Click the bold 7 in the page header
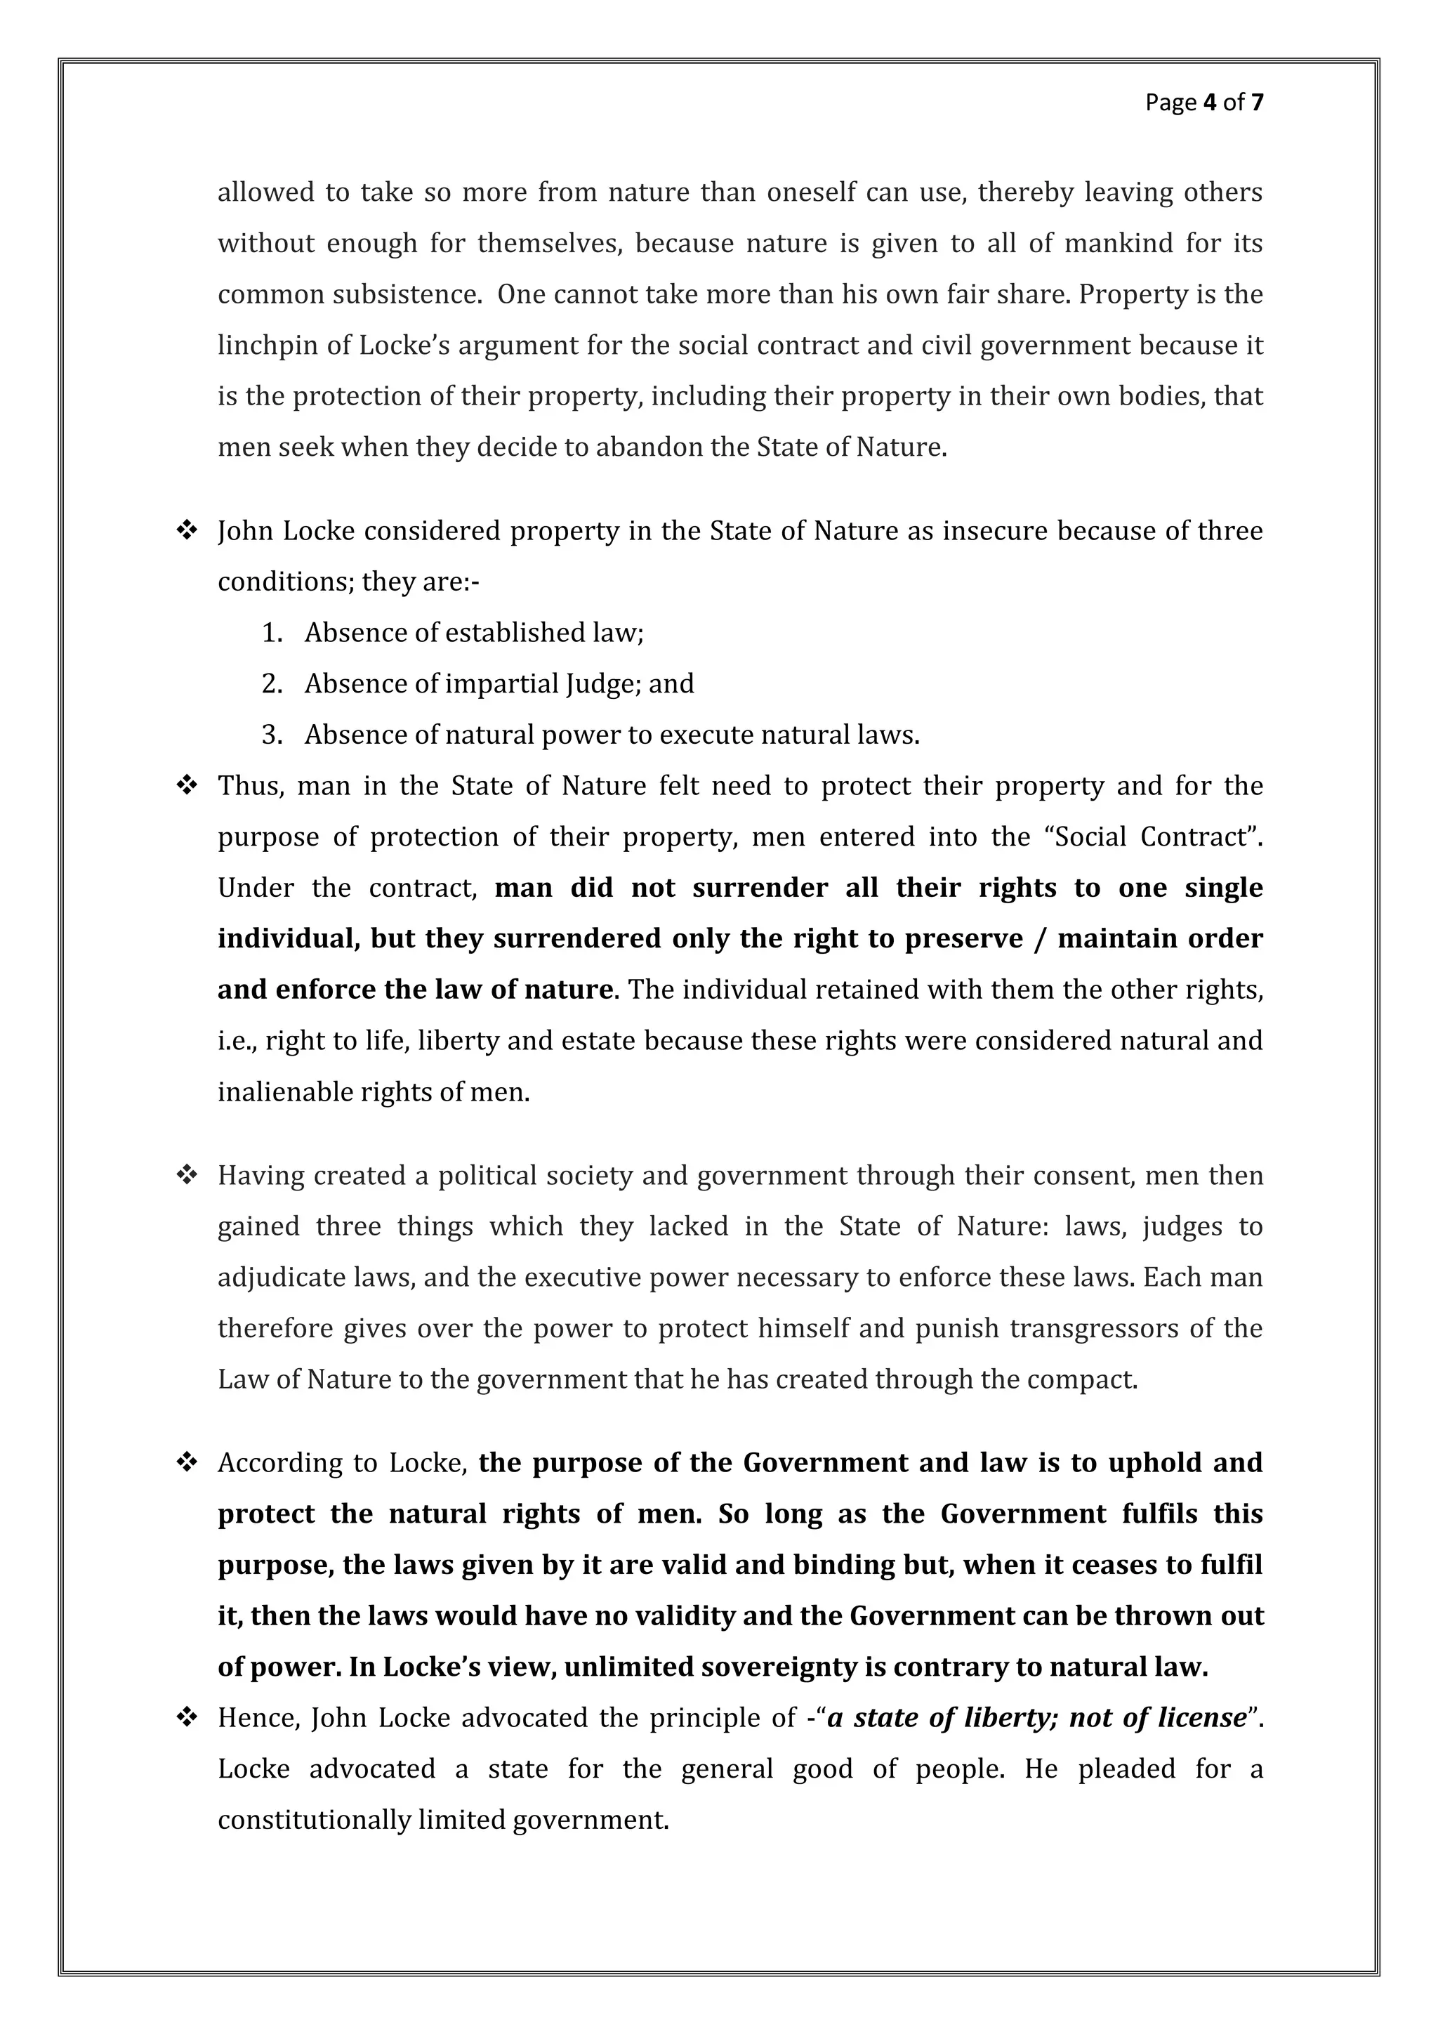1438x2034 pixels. click(x=1256, y=103)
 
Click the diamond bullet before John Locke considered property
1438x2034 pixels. click(x=187, y=531)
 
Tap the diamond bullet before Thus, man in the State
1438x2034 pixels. click(x=187, y=786)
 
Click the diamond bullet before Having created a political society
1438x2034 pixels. click(x=187, y=1176)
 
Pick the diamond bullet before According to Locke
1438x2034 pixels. click(x=187, y=1462)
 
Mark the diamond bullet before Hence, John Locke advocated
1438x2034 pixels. click(x=187, y=1718)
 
